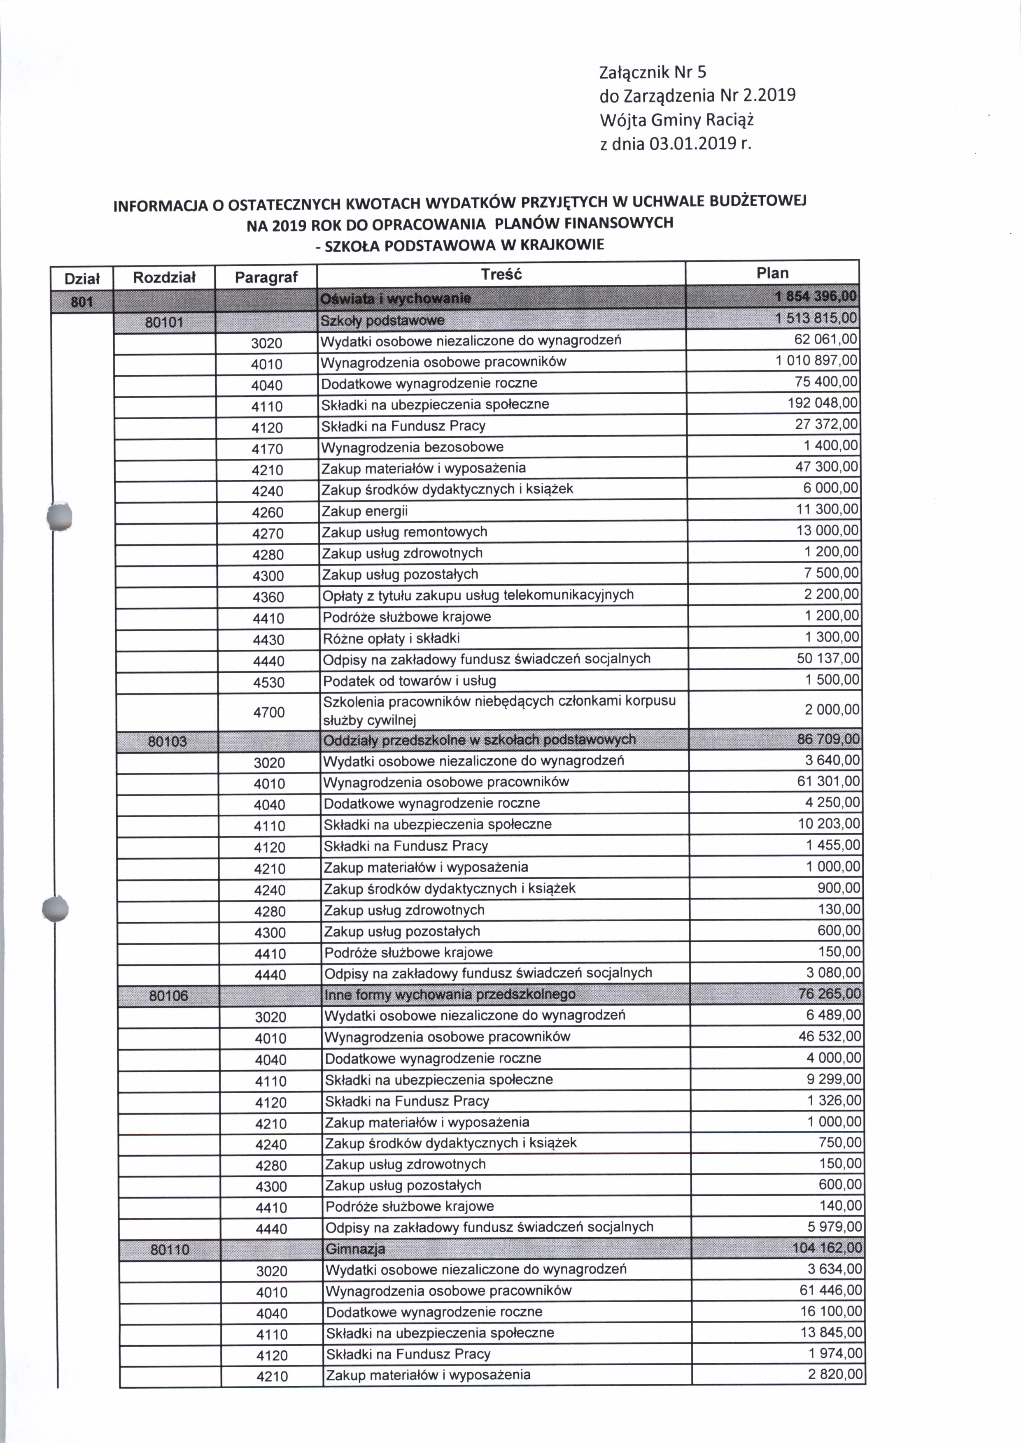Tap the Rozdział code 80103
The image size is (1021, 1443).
(167, 741)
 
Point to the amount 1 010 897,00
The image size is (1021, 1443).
(816, 361)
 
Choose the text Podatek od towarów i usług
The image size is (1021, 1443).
(409, 681)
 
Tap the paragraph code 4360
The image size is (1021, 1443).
(268, 597)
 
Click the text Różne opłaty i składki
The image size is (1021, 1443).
(391, 639)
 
